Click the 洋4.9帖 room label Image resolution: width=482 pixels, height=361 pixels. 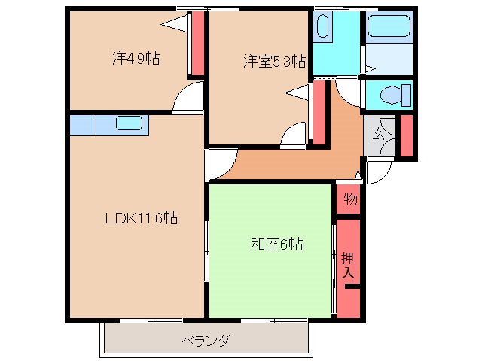pyautogui.click(x=136, y=58)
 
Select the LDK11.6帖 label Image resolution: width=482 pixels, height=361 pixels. pyautogui.click(x=140, y=219)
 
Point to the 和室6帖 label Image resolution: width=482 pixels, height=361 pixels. pyautogui.click(x=276, y=244)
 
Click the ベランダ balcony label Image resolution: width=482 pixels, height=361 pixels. pyautogui.click(x=205, y=341)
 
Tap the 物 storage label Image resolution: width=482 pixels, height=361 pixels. pyautogui.click(x=349, y=199)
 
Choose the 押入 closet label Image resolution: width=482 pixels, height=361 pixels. pyautogui.click(x=348, y=265)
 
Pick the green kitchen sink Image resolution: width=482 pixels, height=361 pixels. pyautogui.click(x=131, y=124)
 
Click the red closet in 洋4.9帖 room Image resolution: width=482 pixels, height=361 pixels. pyautogui.click(x=197, y=44)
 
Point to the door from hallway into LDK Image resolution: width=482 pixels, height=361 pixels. pyautogui.click(x=220, y=163)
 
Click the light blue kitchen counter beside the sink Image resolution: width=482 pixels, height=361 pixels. pyautogui.click(x=83, y=124)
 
